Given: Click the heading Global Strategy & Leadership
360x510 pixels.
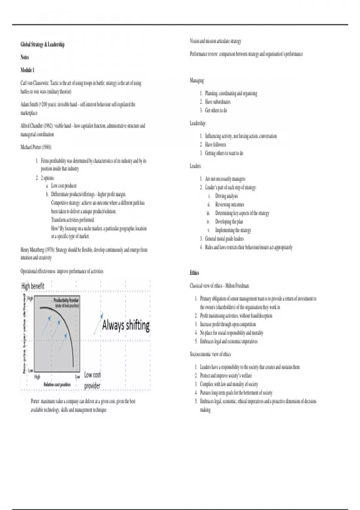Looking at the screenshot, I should pyautogui.click(x=42, y=44).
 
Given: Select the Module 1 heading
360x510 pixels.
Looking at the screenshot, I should pyautogui.click(x=27, y=70).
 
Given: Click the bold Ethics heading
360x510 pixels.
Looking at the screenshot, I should pyautogui.click(x=194, y=273).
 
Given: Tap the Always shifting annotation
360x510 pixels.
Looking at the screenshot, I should pyautogui.click(x=126, y=325).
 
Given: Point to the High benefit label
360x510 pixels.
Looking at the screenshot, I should pyautogui.click(x=33, y=286).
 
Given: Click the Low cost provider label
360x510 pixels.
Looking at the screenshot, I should pyautogui.click(x=92, y=380).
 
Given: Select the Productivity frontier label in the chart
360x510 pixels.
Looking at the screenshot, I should pyautogui.click(x=66, y=300).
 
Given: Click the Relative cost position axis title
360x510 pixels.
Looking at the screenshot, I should pyautogui.click(x=57, y=385).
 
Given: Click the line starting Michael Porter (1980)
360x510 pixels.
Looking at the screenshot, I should pyautogui.click(x=36, y=147).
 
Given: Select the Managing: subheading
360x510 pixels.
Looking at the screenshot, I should pyautogui.click(x=197, y=80).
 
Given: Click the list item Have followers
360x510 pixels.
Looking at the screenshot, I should pyautogui.click(x=215, y=145).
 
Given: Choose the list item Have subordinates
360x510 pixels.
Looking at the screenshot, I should pyautogui.click(x=217, y=102).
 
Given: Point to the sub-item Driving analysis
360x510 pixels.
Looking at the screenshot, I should pyautogui.click(x=226, y=196).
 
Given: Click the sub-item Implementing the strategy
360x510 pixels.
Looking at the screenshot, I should pyautogui.click(x=233, y=230).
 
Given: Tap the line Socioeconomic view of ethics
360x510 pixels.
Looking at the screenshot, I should pyautogui.click(x=210, y=354).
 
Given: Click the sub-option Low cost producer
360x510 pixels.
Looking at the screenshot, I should pyautogui.click(x=64, y=186).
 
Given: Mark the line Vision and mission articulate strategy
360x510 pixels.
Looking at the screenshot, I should pyautogui.click(x=215, y=41).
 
